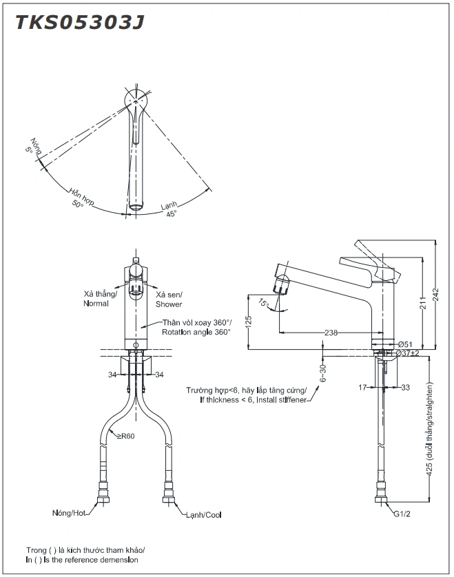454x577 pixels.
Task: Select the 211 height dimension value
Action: (x=422, y=302)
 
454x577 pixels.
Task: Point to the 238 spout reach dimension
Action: (x=331, y=333)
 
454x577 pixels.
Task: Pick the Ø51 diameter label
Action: (x=405, y=344)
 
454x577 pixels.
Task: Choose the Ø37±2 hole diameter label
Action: (x=409, y=353)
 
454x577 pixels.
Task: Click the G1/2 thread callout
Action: (x=403, y=514)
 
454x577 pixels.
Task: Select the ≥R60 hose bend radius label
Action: (x=125, y=435)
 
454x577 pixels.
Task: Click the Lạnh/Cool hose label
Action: (x=203, y=514)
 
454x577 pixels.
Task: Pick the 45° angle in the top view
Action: (x=171, y=213)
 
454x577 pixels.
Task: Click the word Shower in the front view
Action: (x=169, y=304)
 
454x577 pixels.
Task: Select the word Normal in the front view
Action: (x=96, y=304)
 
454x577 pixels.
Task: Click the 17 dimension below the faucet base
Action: (x=363, y=388)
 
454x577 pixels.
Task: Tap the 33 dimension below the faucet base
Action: (x=405, y=388)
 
